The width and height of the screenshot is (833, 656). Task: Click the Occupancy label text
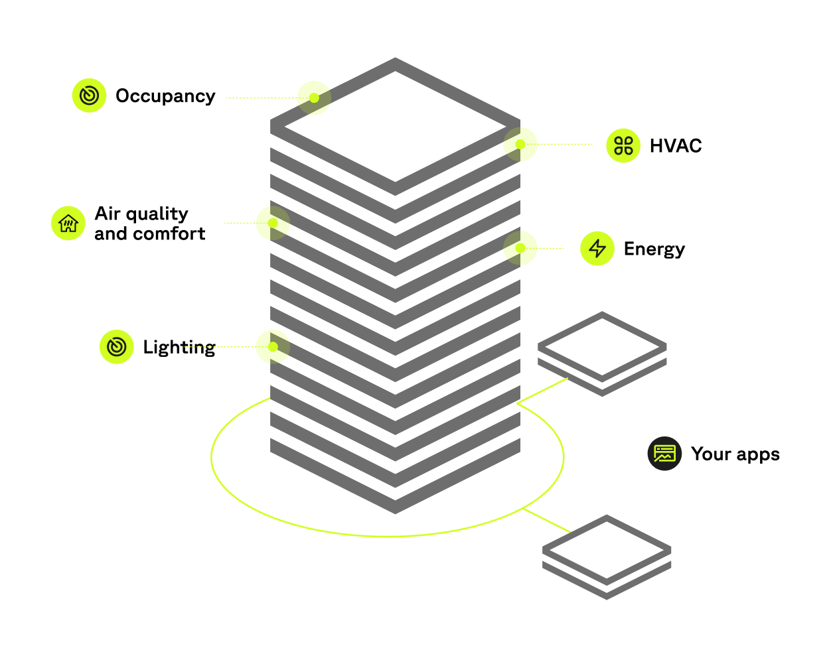[x=165, y=96]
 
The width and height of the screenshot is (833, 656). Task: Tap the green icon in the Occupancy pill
[x=90, y=96]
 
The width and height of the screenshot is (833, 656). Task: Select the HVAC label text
[x=675, y=146]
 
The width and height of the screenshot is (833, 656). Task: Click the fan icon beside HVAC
[x=623, y=146]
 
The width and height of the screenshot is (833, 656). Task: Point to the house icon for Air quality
[x=68, y=223]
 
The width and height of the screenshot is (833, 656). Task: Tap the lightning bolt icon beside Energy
[x=597, y=249]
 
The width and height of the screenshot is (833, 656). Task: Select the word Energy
[x=654, y=249]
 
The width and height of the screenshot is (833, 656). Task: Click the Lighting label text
[x=179, y=348]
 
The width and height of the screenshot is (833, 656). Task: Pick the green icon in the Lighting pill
[x=117, y=347]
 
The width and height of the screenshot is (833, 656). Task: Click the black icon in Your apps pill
[x=664, y=454]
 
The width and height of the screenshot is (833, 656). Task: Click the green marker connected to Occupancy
[x=313, y=98]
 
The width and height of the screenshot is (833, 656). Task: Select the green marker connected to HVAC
[x=520, y=144]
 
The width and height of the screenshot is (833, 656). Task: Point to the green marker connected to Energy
[x=520, y=248]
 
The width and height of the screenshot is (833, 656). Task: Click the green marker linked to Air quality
[x=273, y=223]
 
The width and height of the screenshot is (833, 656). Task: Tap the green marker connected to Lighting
[x=273, y=346]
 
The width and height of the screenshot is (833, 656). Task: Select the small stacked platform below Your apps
[x=607, y=556]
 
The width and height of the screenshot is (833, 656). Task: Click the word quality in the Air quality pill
[x=156, y=214]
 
